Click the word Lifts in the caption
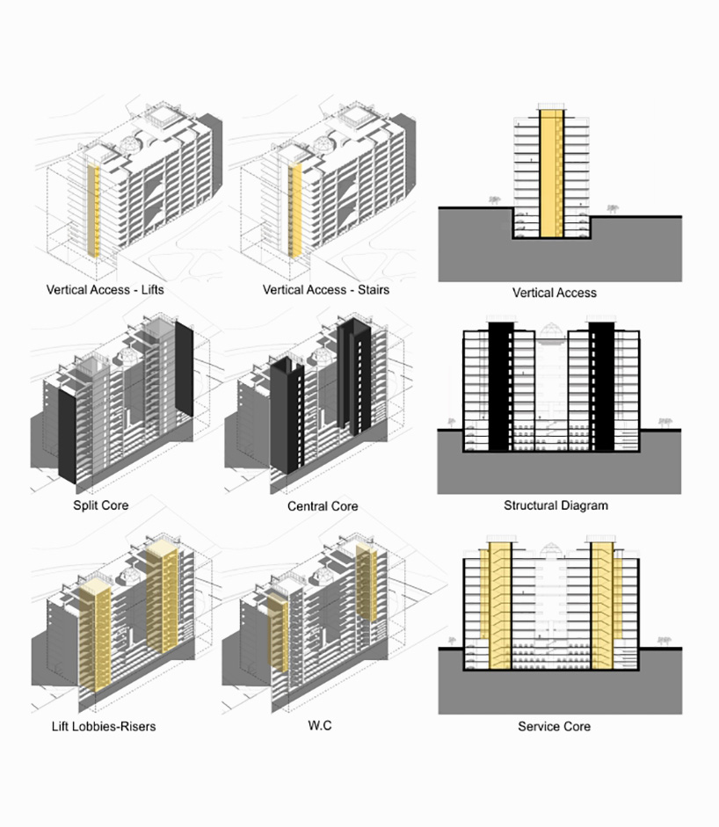(x=152, y=289)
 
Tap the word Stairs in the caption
(x=374, y=289)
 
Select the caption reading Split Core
(x=101, y=505)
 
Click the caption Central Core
(x=323, y=506)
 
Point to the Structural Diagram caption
(x=556, y=505)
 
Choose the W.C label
(x=320, y=725)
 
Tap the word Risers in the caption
(x=138, y=726)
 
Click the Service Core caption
(x=554, y=726)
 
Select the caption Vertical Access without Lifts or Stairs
(x=555, y=293)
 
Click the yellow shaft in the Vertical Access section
(x=551, y=173)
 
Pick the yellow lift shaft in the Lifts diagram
(x=93, y=211)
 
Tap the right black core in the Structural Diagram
(x=601, y=387)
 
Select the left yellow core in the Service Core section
(x=499, y=606)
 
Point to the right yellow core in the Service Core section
(x=602, y=606)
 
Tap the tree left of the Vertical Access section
(x=494, y=200)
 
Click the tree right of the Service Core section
(x=665, y=642)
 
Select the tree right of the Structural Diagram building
(x=665, y=423)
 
